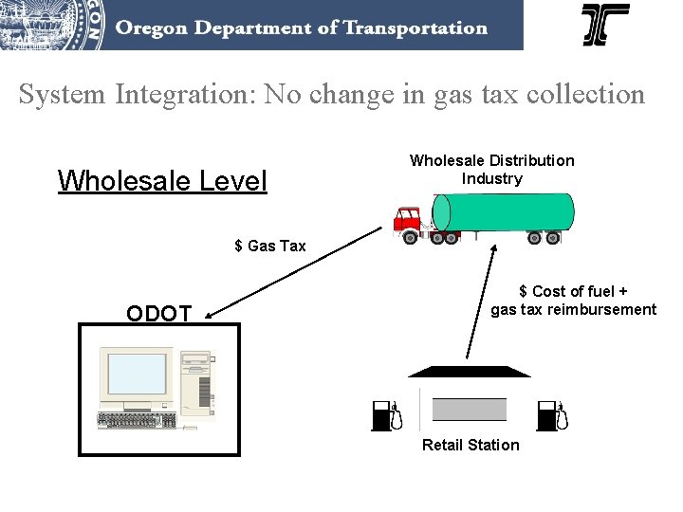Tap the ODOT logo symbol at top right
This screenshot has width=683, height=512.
605,25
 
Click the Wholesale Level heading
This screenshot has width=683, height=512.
162,180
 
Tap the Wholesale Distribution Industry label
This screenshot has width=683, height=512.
491,170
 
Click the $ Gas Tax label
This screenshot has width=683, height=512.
270,247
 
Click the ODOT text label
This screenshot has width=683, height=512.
159,314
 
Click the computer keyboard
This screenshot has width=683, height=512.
137,421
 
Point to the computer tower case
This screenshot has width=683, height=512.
196,384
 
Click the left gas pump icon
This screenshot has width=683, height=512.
386,415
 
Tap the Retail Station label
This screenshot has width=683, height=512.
471,445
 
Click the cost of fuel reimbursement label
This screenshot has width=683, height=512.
573,301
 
